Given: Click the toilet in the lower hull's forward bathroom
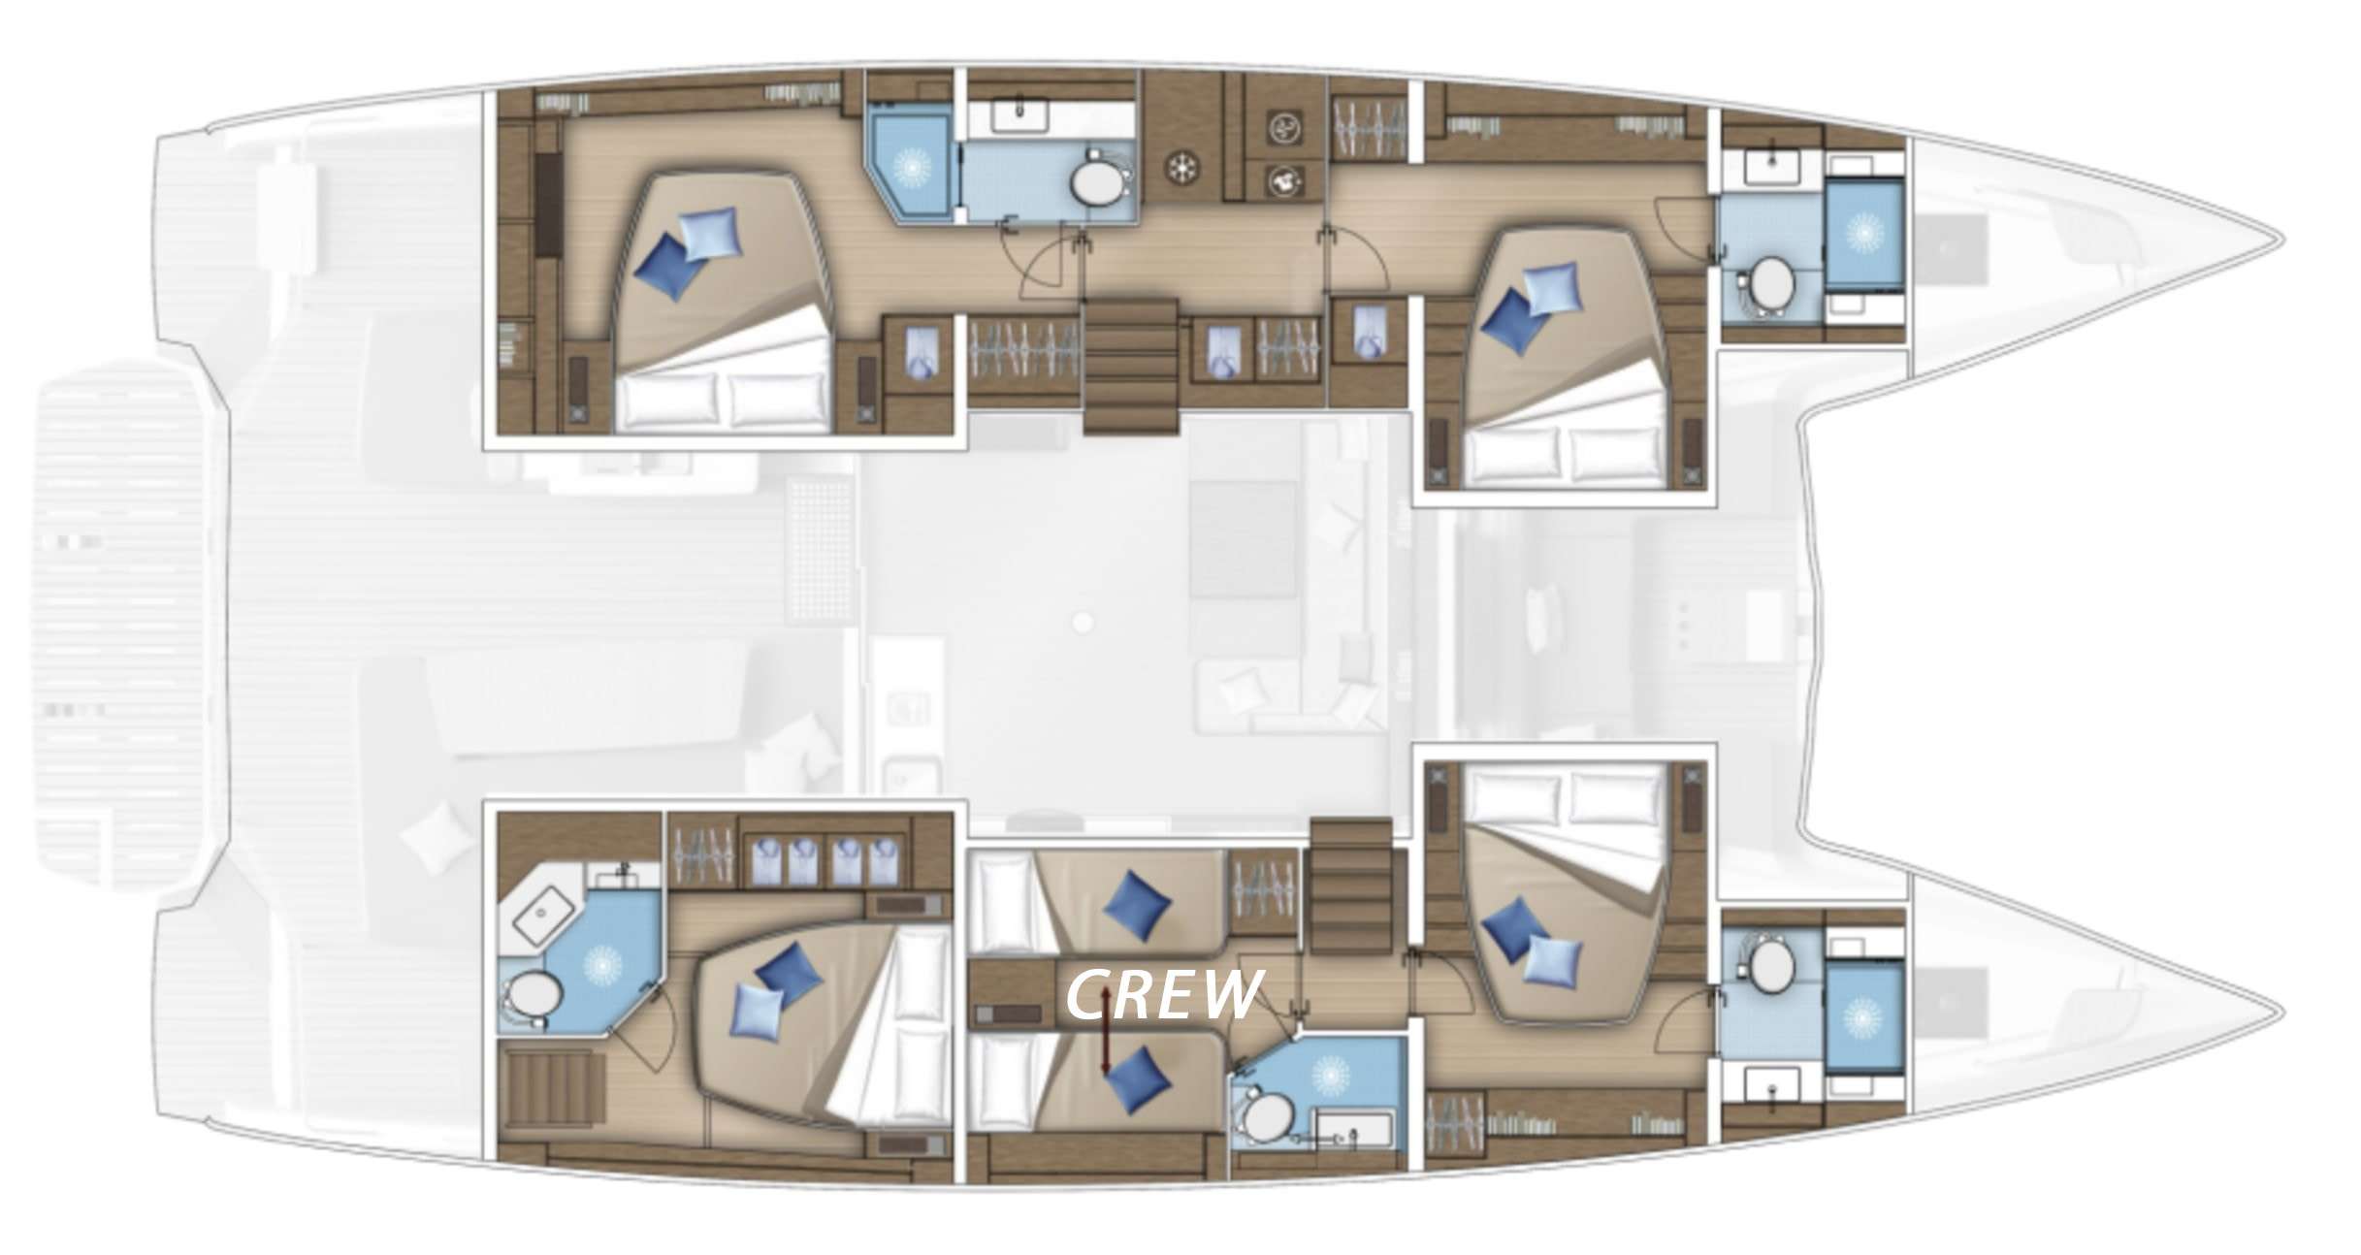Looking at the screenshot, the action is point(1769,966).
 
